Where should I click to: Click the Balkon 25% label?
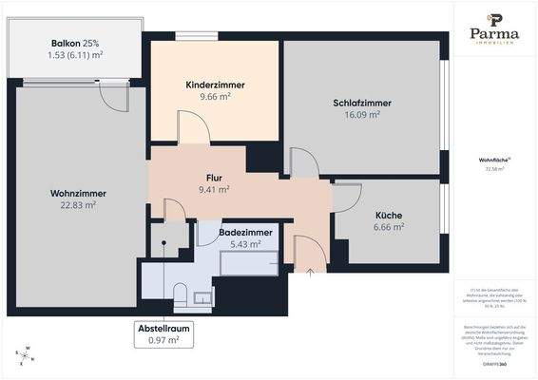pos(77,44)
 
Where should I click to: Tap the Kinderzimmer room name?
pos(215,85)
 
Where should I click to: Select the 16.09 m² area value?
pos(362,114)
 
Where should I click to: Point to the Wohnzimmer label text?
pos(78,194)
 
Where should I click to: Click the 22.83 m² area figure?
pos(78,205)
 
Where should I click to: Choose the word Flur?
pos(214,178)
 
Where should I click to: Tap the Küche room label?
pos(389,216)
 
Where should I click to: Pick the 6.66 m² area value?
pos(389,227)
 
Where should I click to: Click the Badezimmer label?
pos(245,232)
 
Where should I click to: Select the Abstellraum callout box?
pos(163,333)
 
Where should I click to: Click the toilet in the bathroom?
pos(180,294)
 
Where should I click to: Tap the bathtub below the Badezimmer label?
pos(250,263)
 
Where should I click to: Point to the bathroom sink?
pos(203,298)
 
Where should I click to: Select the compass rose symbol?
pos(27,355)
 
